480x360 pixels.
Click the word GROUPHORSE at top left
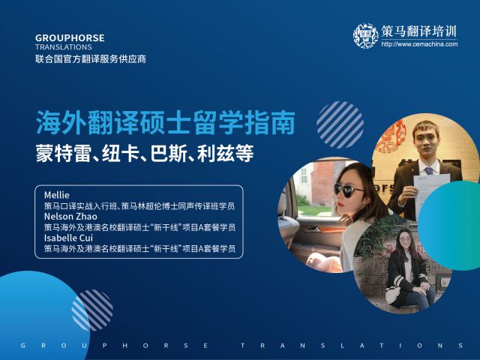click(x=70, y=38)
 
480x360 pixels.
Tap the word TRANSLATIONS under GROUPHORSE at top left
click(x=63, y=47)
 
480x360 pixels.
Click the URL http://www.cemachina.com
click(x=419, y=44)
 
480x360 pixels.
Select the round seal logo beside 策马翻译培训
click(x=366, y=36)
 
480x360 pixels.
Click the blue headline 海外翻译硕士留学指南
click(x=166, y=123)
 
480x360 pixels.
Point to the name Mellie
click(x=57, y=195)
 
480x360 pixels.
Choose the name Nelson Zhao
click(x=70, y=217)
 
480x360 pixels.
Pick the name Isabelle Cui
click(x=68, y=238)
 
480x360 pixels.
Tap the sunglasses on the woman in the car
click(x=348, y=190)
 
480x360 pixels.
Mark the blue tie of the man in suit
click(x=429, y=171)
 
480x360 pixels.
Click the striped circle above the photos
click(x=340, y=125)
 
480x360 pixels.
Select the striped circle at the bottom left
click(x=92, y=310)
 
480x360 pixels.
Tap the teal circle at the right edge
click(x=449, y=226)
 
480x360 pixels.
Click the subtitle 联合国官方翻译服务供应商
click(x=91, y=59)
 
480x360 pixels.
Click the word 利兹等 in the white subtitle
click(x=226, y=153)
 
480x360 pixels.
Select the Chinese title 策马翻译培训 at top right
click(x=418, y=31)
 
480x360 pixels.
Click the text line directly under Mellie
click(x=139, y=206)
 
